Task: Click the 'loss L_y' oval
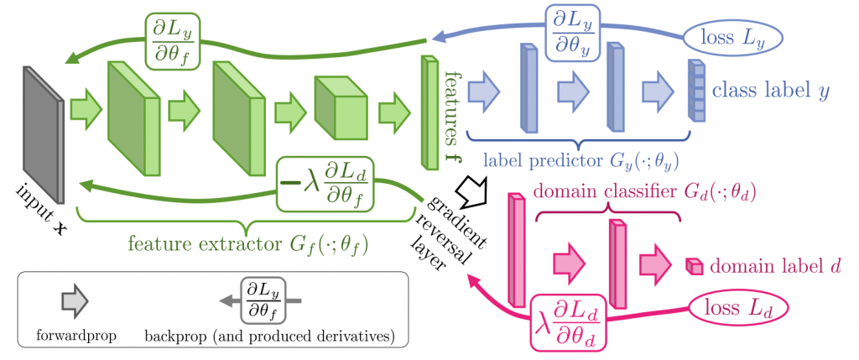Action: click(x=731, y=37)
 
